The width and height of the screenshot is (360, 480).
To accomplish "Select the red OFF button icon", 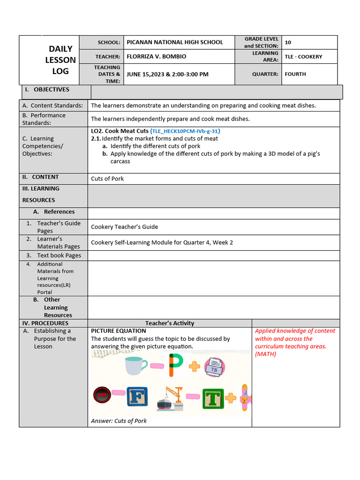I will tap(102, 395).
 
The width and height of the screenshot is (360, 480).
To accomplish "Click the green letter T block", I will tap(213, 398).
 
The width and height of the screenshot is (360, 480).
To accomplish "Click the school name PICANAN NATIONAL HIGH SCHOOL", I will tap(175, 42).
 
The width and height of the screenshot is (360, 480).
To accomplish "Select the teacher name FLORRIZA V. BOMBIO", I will tap(156, 57).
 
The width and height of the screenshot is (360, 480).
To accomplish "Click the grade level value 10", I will tap(288, 42).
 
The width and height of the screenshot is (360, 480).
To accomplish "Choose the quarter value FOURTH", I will tap(295, 74).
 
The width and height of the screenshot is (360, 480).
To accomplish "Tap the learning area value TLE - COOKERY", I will tap(303, 57).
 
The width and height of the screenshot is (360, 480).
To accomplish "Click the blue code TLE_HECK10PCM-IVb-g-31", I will tap(186, 131).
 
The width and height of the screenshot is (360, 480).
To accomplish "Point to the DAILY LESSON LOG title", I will tap(60, 60).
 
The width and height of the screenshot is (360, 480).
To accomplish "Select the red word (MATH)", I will tap(266, 354).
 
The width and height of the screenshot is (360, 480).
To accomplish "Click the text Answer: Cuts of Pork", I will tap(119, 421).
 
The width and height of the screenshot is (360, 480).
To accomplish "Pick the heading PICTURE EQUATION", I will tap(118, 331).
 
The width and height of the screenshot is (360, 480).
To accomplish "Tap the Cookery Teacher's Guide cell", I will tap(124, 227).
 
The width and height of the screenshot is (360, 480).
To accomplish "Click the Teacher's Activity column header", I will tap(169, 323).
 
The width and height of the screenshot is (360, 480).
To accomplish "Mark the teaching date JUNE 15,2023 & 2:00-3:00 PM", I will tap(167, 74).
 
